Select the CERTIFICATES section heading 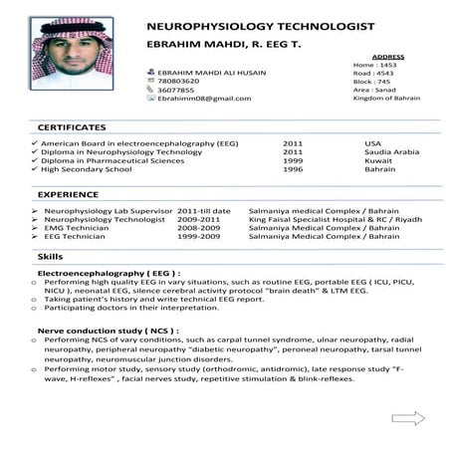(x=71, y=128)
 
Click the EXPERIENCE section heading (x=68, y=196)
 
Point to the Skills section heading (x=50, y=257)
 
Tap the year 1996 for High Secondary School (x=293, y=169)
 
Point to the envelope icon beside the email (x=150, y=99)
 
